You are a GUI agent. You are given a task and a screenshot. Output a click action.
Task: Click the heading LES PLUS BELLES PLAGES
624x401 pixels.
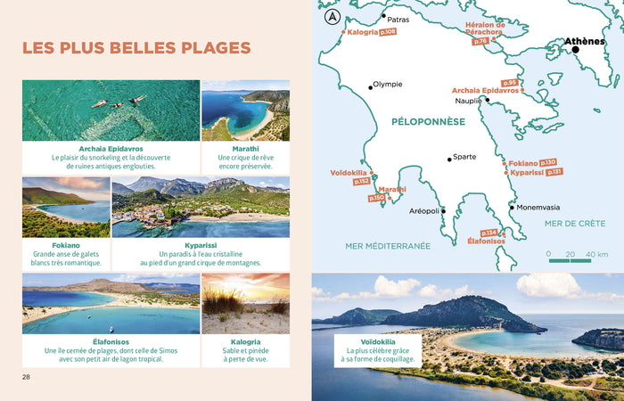135,48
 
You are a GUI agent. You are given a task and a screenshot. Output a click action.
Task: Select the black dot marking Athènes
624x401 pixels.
576,50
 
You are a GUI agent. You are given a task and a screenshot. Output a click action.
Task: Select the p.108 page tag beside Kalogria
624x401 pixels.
388,32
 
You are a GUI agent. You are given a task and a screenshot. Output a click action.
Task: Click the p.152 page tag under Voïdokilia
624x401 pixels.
362,182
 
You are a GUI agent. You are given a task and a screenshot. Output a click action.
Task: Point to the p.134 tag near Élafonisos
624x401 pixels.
489,233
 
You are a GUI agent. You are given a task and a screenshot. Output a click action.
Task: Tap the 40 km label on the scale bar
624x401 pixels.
585,254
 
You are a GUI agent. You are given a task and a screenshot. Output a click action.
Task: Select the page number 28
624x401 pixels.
27,377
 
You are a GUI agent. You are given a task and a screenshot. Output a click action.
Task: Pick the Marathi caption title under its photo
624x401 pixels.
245,149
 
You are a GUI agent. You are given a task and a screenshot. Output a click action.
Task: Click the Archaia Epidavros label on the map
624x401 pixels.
486,90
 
